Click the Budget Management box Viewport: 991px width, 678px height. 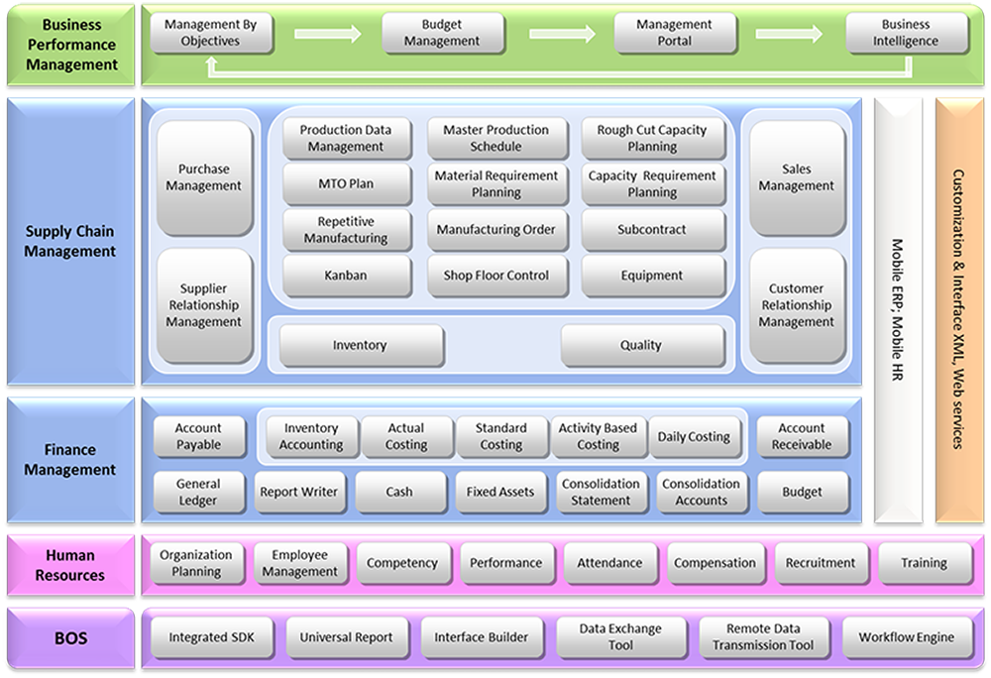click(443, 33)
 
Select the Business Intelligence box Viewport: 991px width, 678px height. click(906, 33)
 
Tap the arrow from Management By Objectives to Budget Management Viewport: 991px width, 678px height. click(327, 34)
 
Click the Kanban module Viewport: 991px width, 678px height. click(346, 276)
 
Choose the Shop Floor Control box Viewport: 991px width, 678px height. click(495, 276)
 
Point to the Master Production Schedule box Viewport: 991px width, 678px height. click(495, 138)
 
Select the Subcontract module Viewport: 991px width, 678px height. click(651, 230)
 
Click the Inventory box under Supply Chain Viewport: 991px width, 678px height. click(360, 345)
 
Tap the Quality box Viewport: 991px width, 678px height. click(641, 345)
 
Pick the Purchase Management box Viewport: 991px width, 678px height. click(204, 177)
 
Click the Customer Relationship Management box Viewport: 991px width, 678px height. click(797, 305)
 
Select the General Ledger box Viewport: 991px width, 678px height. click(198, 492)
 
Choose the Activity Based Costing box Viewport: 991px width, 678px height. click(598, 436)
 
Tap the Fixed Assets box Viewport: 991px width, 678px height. click(500, 492)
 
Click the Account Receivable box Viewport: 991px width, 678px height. click(802, 436)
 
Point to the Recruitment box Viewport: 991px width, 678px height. click(820, 563)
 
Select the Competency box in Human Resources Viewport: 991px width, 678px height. click(401, 563)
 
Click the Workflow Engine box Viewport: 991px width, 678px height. click(907, 637)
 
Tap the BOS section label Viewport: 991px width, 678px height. click(69, 637)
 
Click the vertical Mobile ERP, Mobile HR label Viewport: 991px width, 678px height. click(898, 309)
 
